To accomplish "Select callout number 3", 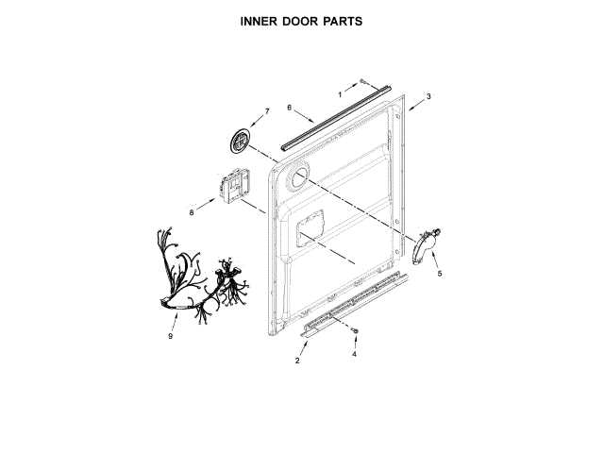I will tap(428, 97).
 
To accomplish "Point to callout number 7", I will tap(266, 111).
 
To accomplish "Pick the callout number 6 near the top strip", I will tap(289, 108).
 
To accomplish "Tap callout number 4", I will tap(354, 355).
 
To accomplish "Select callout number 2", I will tap(297, 361).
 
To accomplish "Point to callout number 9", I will tap(172, 335).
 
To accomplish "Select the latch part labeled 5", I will tap(427, 247).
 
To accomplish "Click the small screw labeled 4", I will tap(355, 332).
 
